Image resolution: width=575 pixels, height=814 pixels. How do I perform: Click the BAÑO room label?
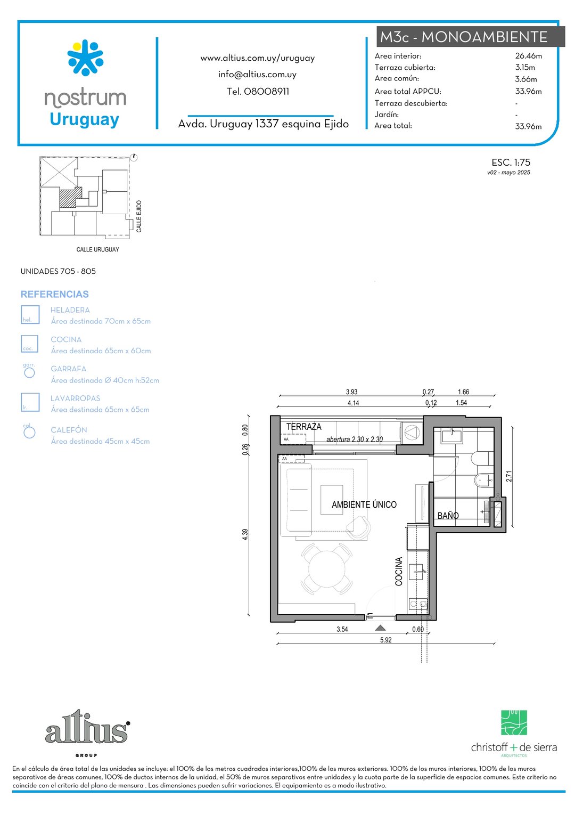tap(448, 516)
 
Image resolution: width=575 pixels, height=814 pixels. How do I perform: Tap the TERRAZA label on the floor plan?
tap(303, 427)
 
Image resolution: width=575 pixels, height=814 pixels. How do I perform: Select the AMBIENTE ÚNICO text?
tap(364, 504)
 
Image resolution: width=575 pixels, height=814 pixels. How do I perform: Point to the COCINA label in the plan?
tap(399, 572)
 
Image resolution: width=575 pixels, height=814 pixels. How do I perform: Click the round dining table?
tap(326, 569)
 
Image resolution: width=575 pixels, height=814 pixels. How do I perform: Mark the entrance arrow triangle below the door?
tap(380, 628)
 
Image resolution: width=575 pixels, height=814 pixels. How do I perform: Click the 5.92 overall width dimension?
tap(386, 640)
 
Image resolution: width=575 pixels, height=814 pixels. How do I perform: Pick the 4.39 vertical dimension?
tap(245, 534)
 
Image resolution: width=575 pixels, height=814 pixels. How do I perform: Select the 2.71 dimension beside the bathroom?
tap(509, 476)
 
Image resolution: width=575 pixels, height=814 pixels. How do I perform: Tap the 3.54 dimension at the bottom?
tap(342, 629)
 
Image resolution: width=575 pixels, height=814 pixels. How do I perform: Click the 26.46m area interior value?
tap(529, 56)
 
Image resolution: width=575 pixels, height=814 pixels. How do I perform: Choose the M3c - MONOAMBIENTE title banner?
tap(471, 37)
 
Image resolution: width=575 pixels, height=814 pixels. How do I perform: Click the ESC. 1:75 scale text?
tap(511, 162)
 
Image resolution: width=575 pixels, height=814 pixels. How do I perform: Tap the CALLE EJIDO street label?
tap(139, 216)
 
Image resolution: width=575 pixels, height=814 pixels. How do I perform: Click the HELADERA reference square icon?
tap(30, 315)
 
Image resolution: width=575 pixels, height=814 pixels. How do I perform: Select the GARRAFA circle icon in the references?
tap(29, 373)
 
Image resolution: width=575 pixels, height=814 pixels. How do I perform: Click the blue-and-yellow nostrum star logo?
tap(85, 58)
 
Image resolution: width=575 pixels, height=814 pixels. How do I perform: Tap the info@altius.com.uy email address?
tap(257, 75)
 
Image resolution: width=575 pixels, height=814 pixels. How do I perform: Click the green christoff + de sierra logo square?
tap(514, 723)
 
